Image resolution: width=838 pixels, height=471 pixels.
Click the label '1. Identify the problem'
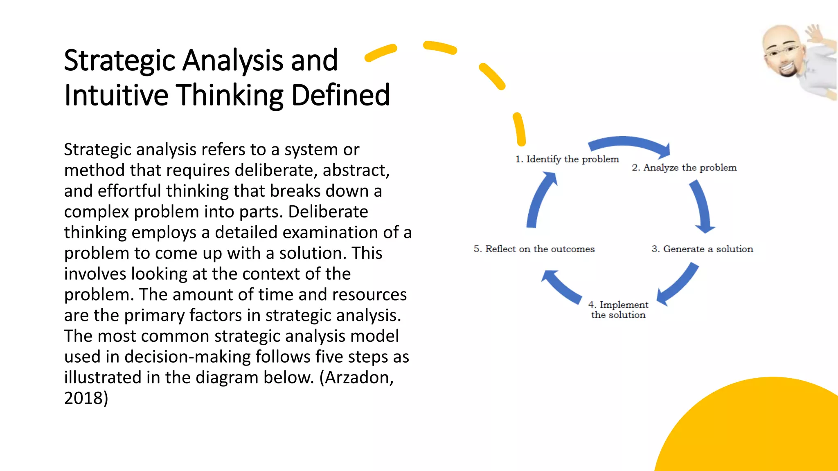coord(567,159)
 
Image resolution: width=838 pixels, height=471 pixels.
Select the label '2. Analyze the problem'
coord(684,168)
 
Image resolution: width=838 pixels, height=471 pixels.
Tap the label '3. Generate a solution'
coord(702,249)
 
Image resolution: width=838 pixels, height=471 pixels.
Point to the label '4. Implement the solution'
coord(618,310)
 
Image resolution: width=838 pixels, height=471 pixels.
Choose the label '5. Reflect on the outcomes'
coord(534,249)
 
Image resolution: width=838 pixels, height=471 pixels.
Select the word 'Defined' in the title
coord(340,95)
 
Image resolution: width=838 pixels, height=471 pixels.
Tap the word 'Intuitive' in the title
coord(116,95)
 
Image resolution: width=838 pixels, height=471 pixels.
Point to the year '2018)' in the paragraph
coord(86,398)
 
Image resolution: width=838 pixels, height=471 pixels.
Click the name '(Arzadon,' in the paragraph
coord(356,377)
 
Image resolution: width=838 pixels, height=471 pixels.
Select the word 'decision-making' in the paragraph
coord(188,357)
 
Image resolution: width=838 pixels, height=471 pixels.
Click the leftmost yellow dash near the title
coord(381,53)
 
